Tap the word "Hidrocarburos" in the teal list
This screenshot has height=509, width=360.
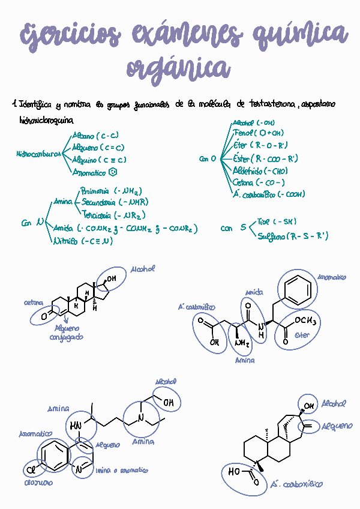tap(38, 154)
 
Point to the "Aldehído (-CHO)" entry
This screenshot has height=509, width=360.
tap(259, 170)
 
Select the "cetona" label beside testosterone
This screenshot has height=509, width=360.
tap(34, 304)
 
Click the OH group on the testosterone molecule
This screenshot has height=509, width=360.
tap(112, 279)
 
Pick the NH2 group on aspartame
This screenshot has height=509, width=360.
tap(242, 343)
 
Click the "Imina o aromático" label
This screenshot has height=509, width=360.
tap(122, 471)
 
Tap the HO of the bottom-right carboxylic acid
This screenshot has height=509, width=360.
tap(235, 471)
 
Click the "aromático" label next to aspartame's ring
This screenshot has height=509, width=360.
tap(332, 278)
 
